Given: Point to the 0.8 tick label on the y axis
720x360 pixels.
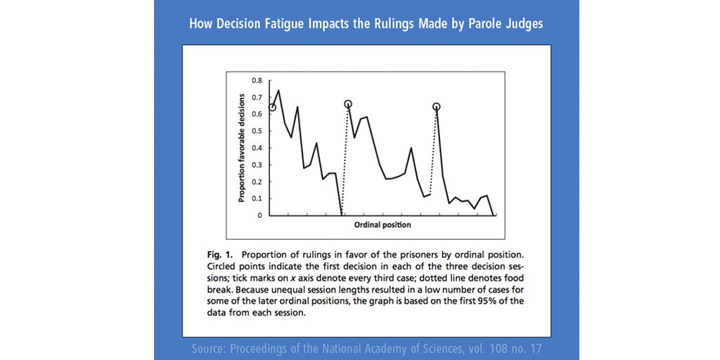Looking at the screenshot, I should coord(257,80).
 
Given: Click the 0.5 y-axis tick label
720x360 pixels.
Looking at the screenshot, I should coord(257,131).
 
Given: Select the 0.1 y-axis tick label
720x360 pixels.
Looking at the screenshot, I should coord(257,198).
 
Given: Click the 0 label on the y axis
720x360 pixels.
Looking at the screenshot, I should coord(259,215).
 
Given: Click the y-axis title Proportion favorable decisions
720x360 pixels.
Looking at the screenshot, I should coord(241,147).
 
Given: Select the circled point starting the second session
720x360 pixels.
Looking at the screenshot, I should coord(348,104).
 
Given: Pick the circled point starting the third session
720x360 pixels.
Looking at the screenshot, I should coord(437,107).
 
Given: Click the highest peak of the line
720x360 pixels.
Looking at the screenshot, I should coord(278,91).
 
